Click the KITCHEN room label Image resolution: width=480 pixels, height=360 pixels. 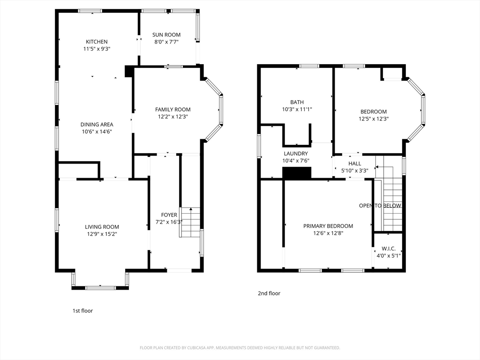click(97, 42)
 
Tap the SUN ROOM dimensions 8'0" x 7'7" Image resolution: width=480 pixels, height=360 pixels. click(166, 42)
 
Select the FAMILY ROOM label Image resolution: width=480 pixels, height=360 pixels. click(172, 109)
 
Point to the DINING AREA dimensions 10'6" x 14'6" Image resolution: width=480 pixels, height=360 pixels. click(97, 132)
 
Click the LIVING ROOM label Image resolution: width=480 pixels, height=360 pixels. click(102, 227)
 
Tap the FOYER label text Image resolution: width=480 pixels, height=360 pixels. click(169, 215)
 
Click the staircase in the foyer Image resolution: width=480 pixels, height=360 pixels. click(190, 222)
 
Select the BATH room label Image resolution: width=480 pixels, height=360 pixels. click(297, 102)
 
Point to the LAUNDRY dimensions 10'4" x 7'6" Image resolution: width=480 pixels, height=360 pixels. click(296, 161)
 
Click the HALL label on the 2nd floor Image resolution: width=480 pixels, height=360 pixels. click(355, 164)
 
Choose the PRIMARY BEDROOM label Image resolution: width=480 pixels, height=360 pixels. click(328, 226)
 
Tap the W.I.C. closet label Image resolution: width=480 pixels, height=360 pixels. click(389, 248)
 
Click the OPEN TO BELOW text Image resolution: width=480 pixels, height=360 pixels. click(380, 206)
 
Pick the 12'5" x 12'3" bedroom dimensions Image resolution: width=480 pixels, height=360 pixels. click(374, 119)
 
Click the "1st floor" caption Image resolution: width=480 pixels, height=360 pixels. click(82, 311)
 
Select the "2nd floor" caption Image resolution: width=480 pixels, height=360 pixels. click(269, 293)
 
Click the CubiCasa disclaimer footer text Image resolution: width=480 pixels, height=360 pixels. click(240, 348)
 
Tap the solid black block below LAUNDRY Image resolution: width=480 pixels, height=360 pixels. click(297, 172)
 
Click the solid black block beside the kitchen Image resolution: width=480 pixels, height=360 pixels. click(129, 71)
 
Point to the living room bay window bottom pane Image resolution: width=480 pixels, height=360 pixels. click(100, 288)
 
